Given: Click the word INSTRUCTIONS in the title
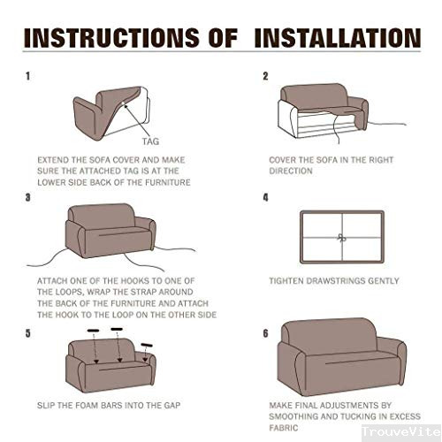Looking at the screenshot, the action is [x=111, y=38].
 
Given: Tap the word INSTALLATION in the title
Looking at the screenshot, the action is [x=338, y=38].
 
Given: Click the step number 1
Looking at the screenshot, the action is [x=28, y=76].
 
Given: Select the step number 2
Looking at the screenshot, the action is [x=265, y=76].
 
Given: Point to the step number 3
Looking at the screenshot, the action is [x=28, y=197].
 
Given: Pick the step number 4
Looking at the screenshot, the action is [x=266, y=197].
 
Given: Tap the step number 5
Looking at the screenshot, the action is [x=28, y=333].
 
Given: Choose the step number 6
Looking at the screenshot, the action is [x=266, y=333].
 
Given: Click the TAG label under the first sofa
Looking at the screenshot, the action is [x=150, y=141].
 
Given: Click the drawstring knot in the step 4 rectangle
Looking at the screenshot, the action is [x=342, y=238].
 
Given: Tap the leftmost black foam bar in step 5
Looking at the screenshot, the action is [x=94, y=331].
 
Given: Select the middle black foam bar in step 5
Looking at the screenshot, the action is [x=117, y=329].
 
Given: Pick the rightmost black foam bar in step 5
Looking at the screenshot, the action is [x=147, y=345].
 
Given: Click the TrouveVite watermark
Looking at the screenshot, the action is [x=401, y=432].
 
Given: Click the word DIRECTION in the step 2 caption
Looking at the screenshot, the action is [x=291, y=171].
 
